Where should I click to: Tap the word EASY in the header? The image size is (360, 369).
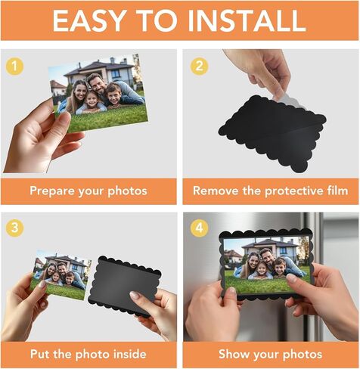(x=89, y=20)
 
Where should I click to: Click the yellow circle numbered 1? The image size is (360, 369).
(x=15, y=67)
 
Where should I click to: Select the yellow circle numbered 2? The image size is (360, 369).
(x=199, y=67)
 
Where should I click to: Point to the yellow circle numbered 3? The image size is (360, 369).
(x=15, y=228)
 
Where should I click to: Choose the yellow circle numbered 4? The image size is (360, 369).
(x=199, y=228)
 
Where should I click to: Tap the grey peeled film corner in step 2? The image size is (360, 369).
(x=290, y=100)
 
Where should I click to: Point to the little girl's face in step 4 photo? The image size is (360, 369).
(x=262, y=269)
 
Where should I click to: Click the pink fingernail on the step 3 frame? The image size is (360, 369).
(x=135, y=295)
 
